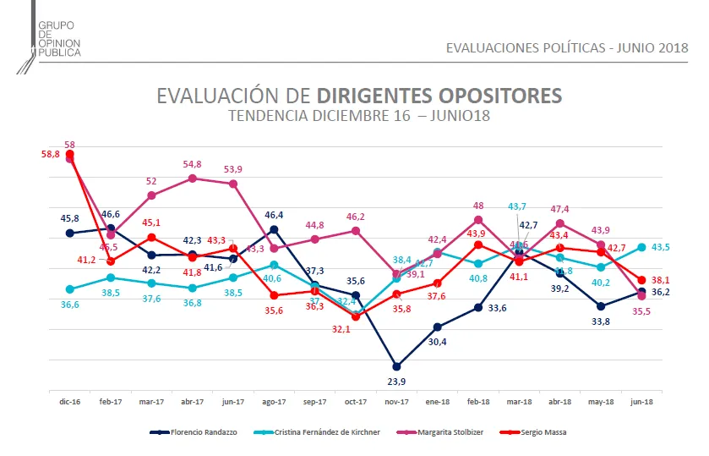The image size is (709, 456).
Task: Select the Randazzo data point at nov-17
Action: point(396,366)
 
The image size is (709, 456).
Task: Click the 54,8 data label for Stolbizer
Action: point(192,164)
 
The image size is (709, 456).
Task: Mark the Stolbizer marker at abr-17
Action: point(193,179)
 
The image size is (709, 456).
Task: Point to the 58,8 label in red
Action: point(50,154)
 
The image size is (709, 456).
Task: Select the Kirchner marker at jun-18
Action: point(641,247)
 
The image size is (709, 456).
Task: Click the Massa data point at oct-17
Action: point(356,316)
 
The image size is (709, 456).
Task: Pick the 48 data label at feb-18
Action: point(478,206)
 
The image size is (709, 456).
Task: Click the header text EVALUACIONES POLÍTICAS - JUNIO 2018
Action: point(567,47)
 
